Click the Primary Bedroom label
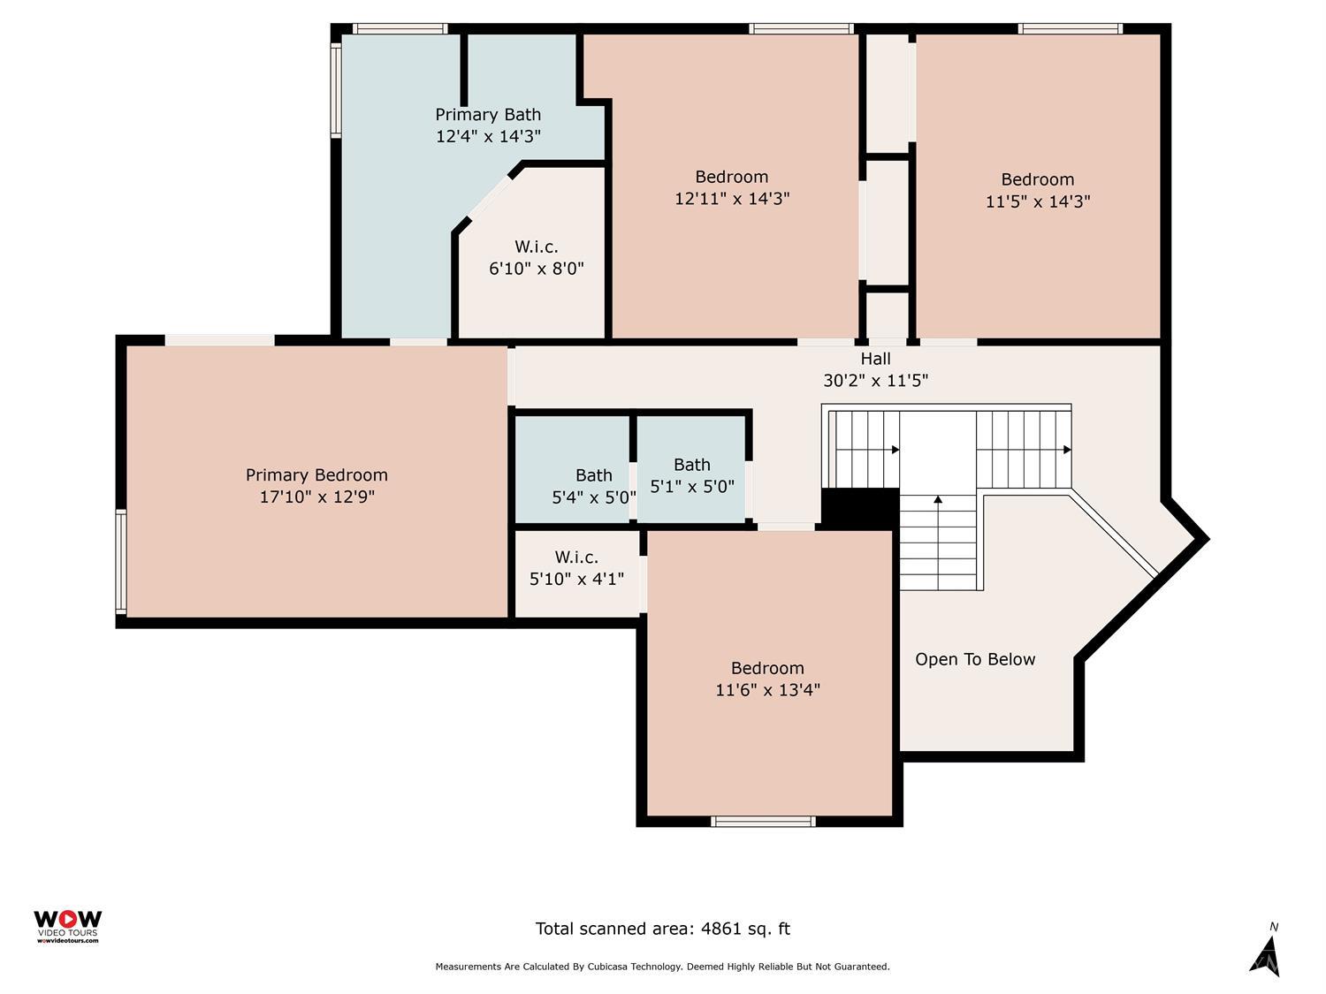point(316,475)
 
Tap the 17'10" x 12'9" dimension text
point(316,497)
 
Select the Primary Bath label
point(488,115)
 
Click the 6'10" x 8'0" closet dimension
point(537,269)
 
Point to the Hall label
point(875,359)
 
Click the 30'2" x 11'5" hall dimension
point(875,381)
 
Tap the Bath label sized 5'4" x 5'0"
point(594,475)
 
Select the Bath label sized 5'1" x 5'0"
point(691,465)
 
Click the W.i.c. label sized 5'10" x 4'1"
point(576,558)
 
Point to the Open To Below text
point(975,659)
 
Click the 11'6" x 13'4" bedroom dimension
point(767,690)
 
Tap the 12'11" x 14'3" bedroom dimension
point(732,199)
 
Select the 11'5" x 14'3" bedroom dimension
point(1038,201)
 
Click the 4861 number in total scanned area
point(720,929)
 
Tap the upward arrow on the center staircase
point(938,500)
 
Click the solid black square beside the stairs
point(859,508)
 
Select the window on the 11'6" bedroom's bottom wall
point(763,822)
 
